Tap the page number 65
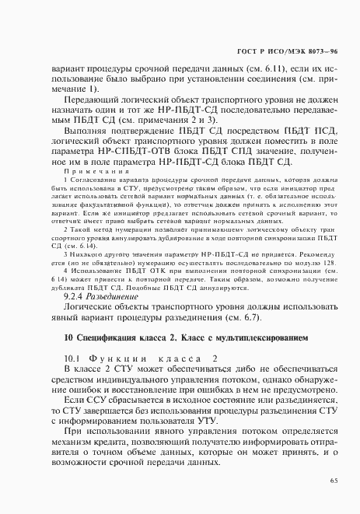(x=333, y=481)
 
